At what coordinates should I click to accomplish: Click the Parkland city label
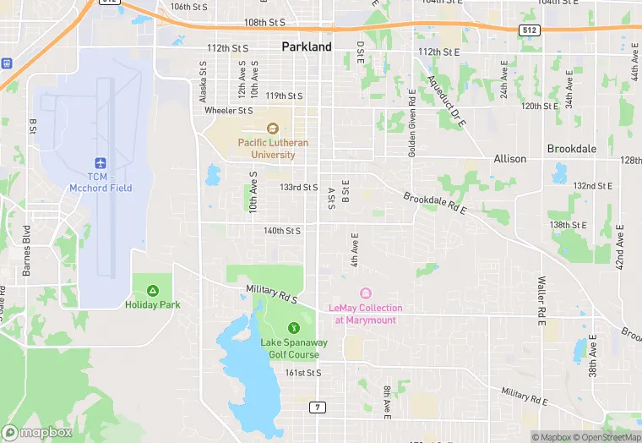pyautogui.click(x=306, y=47)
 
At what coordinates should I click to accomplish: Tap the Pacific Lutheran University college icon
pyautogui.click(x=272, y=129)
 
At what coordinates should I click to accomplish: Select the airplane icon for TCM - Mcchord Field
pyautogui.click(x=101, y=161)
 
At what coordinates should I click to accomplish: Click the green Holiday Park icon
pyautogui.click(x=153, y=291)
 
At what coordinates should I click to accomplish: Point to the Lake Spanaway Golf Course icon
pyautogui.click(x=294, y=327)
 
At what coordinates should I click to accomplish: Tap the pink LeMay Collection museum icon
pyautogui.click(x=365, y=293)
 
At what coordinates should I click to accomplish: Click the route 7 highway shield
pyautogui.click(x=317, y=407)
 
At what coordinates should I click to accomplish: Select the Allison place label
pyautogui.click(x=509, y=159)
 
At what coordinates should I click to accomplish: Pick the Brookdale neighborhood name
pyautogui.click(x=572, y=149)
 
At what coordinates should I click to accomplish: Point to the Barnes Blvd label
pyautogui.click(x=27, y=251)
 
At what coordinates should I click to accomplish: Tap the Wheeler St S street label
pyautogui.click(x=229, y=111)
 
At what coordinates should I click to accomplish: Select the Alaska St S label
pyautogui.click(x=203, y=82)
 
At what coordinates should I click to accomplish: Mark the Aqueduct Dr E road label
pyautogui.click(x=447, y=101)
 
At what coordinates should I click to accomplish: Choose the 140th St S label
pyautogui.click(x=281, y=231)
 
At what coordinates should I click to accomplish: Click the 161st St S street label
pyautogui.click(x=302, y=373)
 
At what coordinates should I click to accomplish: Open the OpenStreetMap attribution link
pyautogui.click(x=605, y=437)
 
